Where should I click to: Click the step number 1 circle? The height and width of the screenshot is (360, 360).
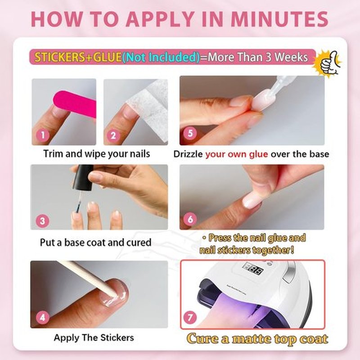point(43,135)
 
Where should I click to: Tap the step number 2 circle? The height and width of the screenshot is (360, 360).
point(113,135)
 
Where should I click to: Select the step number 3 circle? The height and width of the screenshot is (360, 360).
point(43,221)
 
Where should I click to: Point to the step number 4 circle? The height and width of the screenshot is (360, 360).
point(43,318)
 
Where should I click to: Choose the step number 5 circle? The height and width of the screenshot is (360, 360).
point(190,133)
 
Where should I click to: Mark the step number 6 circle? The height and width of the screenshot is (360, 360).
point(190,219)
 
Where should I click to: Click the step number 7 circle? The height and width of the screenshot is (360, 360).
point(190,318)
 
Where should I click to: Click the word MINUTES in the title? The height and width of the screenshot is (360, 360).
point(279,19)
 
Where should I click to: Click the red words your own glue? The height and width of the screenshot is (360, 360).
point(237,154)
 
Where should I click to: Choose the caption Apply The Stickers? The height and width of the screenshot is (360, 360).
point(94,338)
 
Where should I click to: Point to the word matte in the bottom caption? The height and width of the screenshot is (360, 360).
point(252,339)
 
